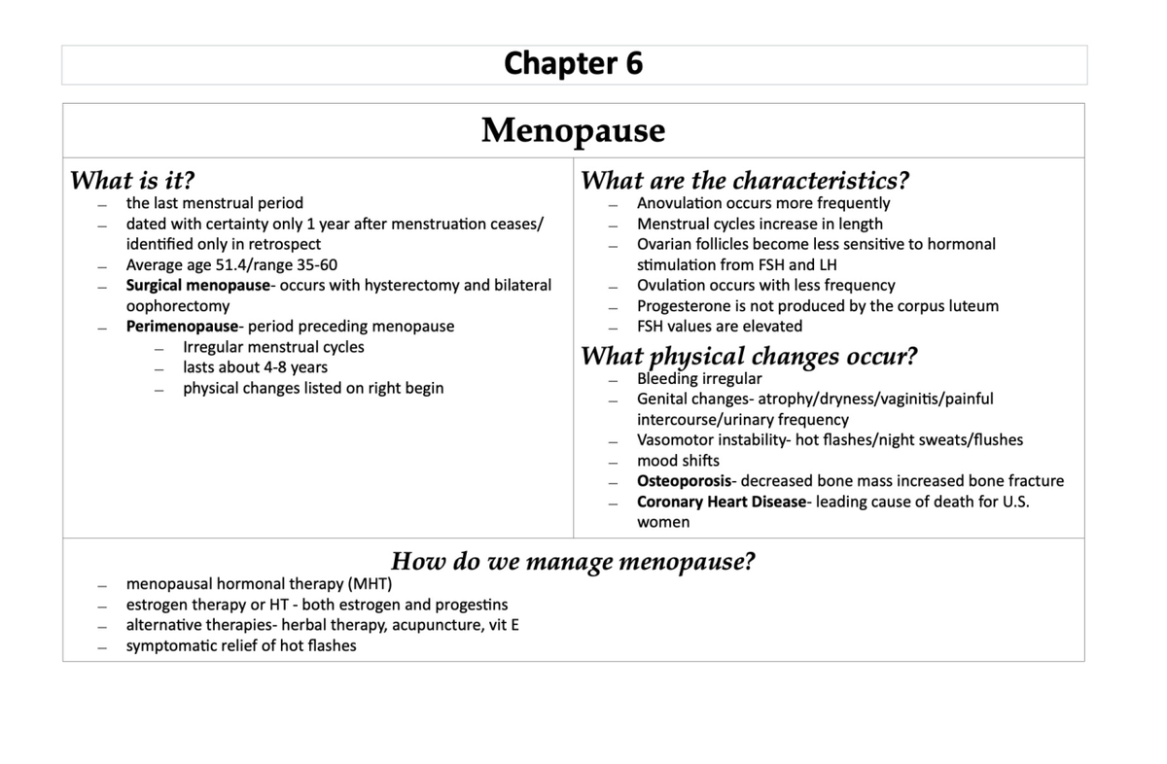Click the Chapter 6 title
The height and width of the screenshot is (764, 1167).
coord(573,64)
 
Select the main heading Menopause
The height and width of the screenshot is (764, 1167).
coord(573,130)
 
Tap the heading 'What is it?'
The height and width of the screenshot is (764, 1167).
coord(133,181)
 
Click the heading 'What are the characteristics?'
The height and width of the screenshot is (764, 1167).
coord(745,181)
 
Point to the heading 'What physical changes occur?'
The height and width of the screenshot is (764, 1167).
coord(749,356)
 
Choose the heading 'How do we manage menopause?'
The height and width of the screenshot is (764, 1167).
coord(573,562)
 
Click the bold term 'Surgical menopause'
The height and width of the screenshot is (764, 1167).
coord(197,286)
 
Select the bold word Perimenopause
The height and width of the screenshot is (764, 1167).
coord(182,327)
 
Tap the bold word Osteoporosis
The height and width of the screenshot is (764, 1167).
coord(684,481)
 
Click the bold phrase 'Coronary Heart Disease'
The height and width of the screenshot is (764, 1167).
coord(722,502)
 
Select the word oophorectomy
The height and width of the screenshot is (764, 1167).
coord(178,306)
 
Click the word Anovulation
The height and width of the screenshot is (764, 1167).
coord(681,203)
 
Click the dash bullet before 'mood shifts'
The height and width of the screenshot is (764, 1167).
coord(614,462)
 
